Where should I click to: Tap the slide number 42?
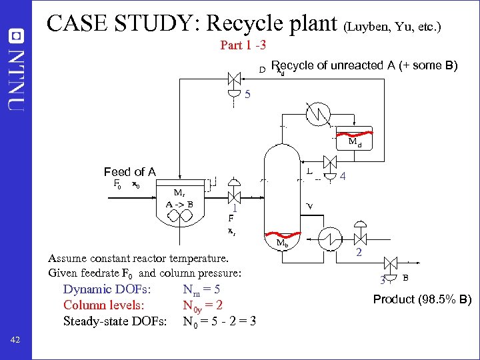[16, 341]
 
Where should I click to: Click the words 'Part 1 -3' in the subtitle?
[243, 46]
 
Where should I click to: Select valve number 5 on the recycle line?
[234, 79]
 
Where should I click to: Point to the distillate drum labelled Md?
[353, 141]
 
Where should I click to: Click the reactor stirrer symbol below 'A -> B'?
[181, 215]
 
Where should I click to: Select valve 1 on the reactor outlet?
[234, 198]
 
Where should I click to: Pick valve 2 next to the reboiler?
[361, 238]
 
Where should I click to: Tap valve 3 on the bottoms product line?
[393, 267]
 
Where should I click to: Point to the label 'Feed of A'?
[129, 172]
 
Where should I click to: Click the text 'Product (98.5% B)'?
[422, 299]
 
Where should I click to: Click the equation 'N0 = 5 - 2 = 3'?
[219, 322]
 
